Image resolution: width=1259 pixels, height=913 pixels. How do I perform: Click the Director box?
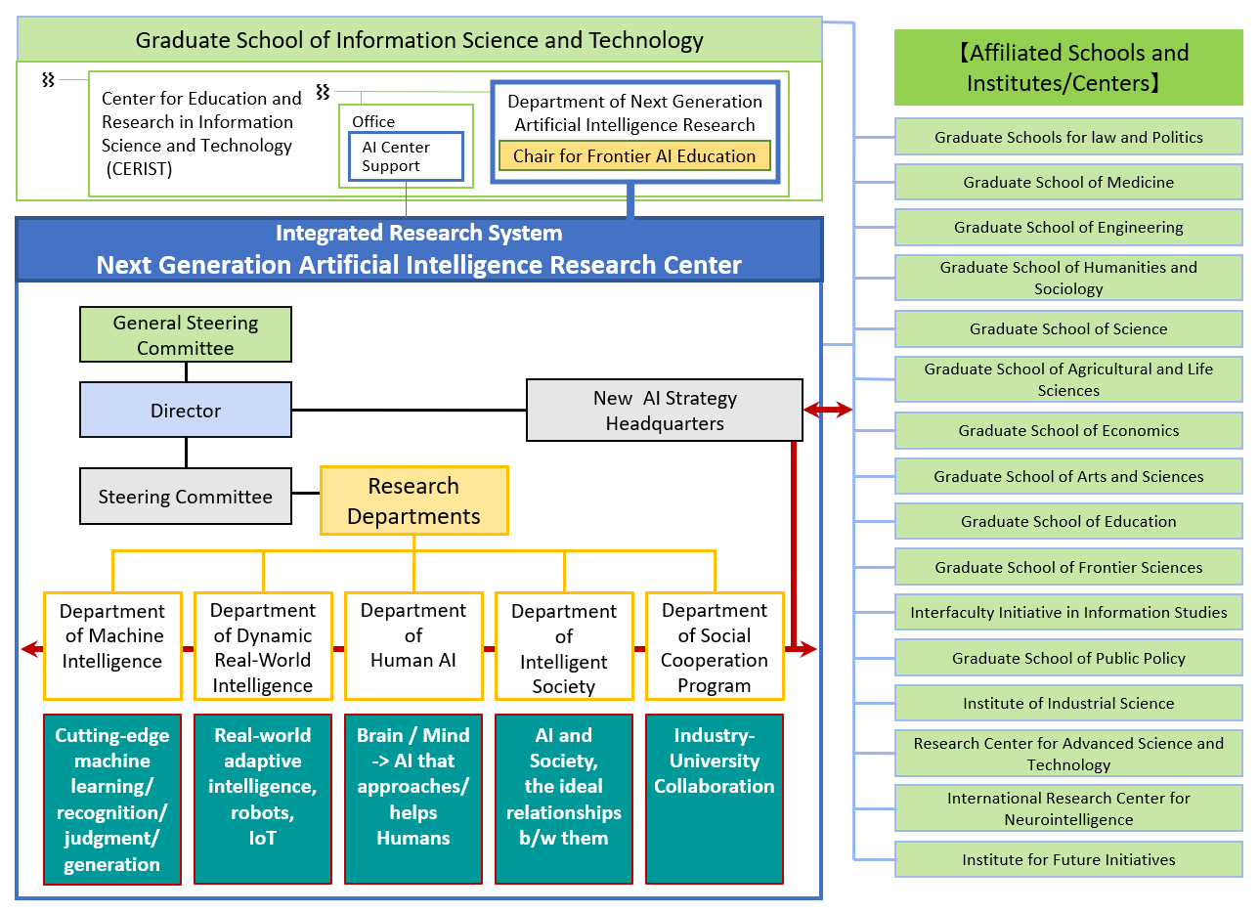(x=186, y=411)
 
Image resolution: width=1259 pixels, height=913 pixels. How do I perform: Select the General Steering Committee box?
(x=186, y=335)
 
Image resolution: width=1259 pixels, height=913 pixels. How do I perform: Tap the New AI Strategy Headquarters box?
(x=665, y=411)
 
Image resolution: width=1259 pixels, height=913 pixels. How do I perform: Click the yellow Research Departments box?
(x=413, y=500)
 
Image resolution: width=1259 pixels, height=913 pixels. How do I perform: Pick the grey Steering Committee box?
(x=186, y=497)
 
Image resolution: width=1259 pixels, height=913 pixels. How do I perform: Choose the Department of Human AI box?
(x=413, y=645)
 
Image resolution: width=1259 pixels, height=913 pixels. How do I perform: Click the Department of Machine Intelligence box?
(x=112, y=645)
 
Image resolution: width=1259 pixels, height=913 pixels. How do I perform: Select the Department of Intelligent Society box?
(x=564, y=645)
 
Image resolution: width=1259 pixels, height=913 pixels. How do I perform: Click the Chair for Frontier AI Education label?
(x=634, y=155)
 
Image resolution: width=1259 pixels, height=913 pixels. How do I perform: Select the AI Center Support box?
(x=406, y=156)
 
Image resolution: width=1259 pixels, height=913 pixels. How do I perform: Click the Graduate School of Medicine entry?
(x=1068, y=182)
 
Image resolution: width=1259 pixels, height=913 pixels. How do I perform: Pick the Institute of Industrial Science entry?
(x=1068, y=703)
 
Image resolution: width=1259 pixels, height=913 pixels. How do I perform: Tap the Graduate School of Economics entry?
(x=1068, y=430)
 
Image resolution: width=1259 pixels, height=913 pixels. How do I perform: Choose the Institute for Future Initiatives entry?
(x=1068, y=859)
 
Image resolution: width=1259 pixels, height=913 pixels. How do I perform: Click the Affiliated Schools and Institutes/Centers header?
(x=1068, y=67)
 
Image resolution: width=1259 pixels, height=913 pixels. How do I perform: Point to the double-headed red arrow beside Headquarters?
(x=828, y=410)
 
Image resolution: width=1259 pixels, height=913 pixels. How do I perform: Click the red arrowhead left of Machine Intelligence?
(x=30, y=649)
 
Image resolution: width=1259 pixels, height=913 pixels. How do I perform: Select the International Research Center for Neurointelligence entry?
(x=1068, y=808)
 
